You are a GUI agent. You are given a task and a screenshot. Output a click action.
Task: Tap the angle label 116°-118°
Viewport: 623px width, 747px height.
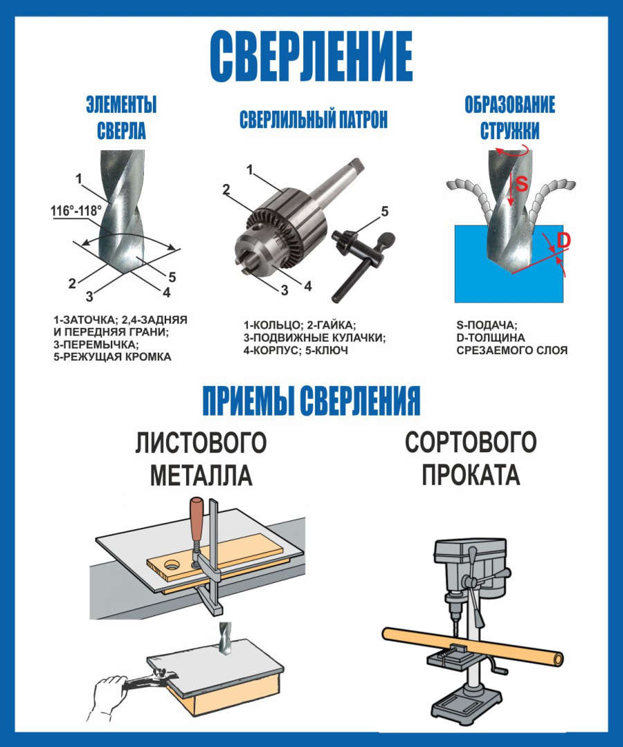click(x=76, y=211)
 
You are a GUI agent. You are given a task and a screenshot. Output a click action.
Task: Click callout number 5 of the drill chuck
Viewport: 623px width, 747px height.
click(x=386, y=210)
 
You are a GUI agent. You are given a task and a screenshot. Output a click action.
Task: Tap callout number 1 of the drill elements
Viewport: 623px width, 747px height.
click(x=79, y=178)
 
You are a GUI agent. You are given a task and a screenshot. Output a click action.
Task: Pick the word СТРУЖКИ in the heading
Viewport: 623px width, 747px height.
click(x=509, y=130)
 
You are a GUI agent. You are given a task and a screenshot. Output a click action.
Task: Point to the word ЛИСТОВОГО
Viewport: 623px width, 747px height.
click(x=201, y=443)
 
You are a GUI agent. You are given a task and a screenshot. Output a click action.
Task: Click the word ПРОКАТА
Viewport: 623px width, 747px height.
click(x=471, y=475)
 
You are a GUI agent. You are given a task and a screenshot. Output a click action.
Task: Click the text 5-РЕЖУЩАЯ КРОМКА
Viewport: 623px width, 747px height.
click(x=112, y=357)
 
